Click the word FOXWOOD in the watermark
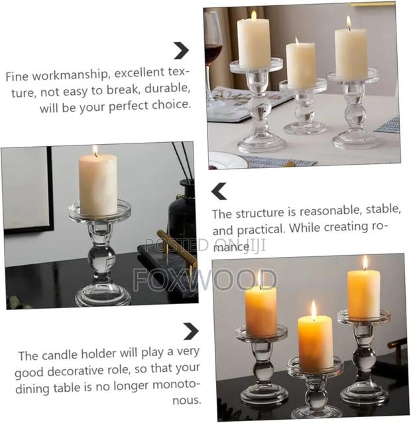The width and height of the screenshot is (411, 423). [x=205, y=280]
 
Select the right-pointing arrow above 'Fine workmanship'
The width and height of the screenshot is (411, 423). [x=180, y=50]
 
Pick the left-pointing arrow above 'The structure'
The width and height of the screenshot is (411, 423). [x=219, y=191]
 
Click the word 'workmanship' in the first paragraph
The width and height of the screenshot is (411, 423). [x=70, y=76]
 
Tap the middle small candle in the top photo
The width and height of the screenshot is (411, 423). [x=302, y=64]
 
